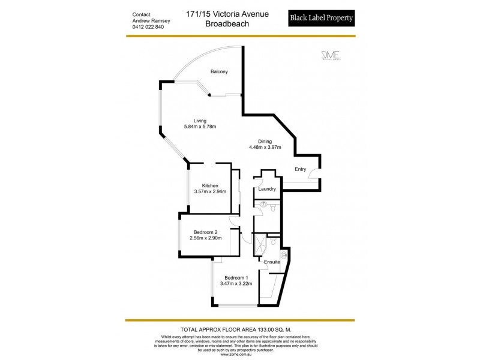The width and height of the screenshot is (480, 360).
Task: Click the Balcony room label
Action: pos(218,72)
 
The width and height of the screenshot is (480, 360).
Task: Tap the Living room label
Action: pos(192,120)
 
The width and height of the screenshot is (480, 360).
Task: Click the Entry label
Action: pos(300,169)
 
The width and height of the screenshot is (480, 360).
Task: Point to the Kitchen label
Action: pos(209,185)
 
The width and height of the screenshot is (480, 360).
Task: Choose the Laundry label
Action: pos(266,189)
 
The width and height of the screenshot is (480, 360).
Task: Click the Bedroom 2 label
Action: pos(205,232)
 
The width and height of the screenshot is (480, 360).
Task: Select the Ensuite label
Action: pos(271,262)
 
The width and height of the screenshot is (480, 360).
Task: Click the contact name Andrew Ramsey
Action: pos(151,20)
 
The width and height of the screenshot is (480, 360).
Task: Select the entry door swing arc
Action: pos(314,176)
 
